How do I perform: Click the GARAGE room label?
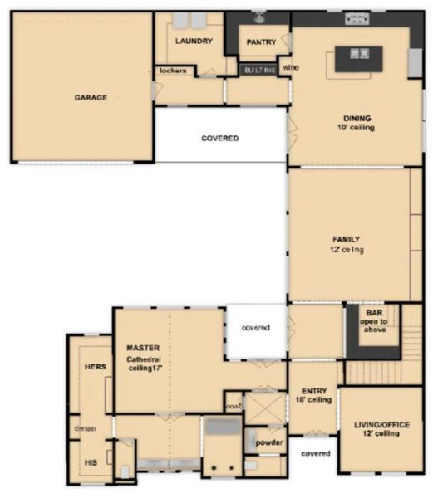click(91, 98)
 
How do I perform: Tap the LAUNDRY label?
click(194, 41)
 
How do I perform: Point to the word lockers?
click(171, 71)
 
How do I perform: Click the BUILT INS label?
click(260, 71)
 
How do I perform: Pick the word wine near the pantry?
click(290, 66)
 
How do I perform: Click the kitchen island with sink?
click(359, 57)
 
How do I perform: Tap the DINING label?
click(357, 118)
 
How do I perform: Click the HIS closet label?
click(91, 463)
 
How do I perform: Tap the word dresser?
click(86, 429)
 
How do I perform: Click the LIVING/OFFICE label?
click(381, 425)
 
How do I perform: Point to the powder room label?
click(269, 442)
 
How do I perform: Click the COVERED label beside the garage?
click(220, 138)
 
